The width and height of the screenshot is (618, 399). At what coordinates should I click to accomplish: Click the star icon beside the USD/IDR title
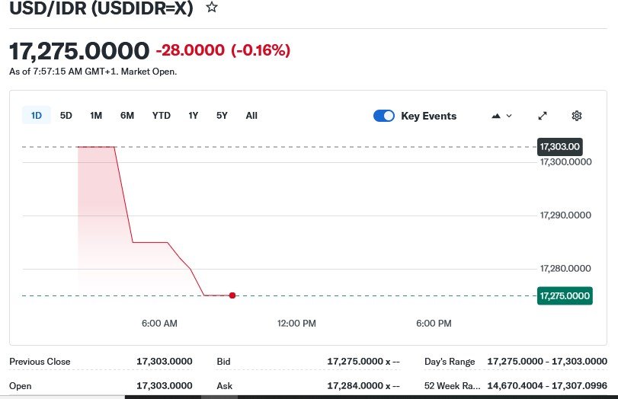(212, 8)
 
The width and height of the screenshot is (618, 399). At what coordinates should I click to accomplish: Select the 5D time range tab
(66, 116)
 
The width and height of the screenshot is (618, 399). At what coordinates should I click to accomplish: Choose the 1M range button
(96, 116)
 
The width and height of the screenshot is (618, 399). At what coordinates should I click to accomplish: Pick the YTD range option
(161, 116)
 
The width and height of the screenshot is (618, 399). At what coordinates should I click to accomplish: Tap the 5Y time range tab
(222, 116)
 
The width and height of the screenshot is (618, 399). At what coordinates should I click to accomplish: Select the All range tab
(251, 116)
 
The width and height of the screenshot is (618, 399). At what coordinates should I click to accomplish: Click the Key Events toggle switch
(384, 116)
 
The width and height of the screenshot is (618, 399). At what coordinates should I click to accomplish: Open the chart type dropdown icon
(501, 116)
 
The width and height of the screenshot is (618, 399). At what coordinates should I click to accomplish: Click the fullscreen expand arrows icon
(543, 116)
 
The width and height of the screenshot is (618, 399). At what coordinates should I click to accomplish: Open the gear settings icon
(577, 116)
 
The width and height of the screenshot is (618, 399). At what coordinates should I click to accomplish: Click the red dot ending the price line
(232, 295)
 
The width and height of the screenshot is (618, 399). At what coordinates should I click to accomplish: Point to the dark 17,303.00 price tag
(560, 146)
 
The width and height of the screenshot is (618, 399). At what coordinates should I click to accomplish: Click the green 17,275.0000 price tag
(565, 295)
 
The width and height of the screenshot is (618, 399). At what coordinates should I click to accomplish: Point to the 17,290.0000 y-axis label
(565, 215)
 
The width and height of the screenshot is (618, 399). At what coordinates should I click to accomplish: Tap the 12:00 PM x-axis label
(296, 324)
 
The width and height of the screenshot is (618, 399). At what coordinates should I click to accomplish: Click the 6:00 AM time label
(159, 324)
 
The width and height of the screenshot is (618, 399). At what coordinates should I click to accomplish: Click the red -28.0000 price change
(190, 51)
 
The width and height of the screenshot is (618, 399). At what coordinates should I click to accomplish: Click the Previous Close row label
(40, 362)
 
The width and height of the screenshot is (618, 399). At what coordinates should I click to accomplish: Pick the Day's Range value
(548, 362)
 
